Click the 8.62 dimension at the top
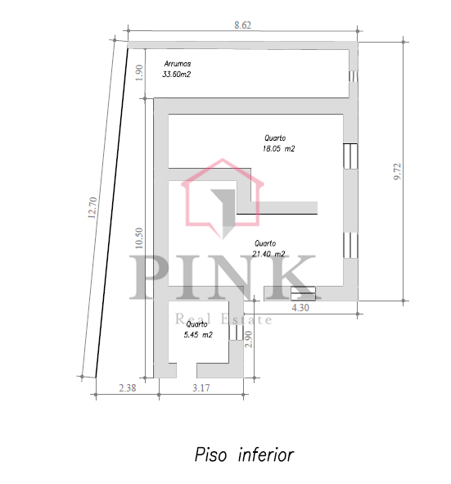(x=242, y=25)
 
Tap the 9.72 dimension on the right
(x=397, y=171)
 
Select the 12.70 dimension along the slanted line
(x=92, y=208)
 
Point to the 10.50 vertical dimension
(x=139, y=238)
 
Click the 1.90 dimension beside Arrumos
(x=139, y=73)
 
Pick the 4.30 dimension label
(x=300, y=308)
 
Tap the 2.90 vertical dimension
(x=248, y=339)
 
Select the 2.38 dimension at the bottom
(x=128, y=387)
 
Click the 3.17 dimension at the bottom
(x=201, y=387)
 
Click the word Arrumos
(x=178, y=64)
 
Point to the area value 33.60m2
(x=177, y=75)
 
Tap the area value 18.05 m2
(x=278, y=149)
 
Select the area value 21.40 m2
(x=268, y=254)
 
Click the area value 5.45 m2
(x=198, y=335)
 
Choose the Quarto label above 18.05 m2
(x=275, y=138)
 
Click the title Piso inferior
(x=244, y=455)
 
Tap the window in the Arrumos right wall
(x=354, y=76)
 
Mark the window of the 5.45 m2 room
(x=236, y=332)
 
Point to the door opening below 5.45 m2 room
(x=187, y=370)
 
